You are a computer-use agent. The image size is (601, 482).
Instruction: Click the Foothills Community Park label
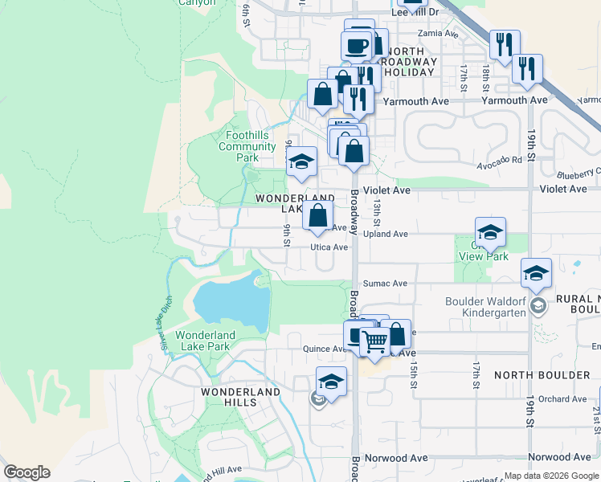pos(247,146)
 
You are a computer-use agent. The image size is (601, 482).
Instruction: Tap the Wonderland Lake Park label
pos(206,341)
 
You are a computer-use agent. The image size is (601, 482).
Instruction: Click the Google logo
pos(26,472)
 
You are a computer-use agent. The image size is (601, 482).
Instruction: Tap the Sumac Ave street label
pos(385,284)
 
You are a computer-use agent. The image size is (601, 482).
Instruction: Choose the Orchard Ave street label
pos(562,398)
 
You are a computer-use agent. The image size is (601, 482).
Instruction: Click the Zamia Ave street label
pos(438,34)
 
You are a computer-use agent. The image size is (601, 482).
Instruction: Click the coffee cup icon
pos(355,45)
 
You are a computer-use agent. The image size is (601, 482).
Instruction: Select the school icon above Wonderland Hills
pos(331,381)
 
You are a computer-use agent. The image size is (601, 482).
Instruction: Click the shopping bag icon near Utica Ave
pos(318,215)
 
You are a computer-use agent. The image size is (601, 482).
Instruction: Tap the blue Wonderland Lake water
pos(231,304)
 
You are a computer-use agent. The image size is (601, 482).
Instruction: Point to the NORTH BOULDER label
pos(542,375)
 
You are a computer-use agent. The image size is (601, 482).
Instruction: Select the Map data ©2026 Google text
pos(550,476)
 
